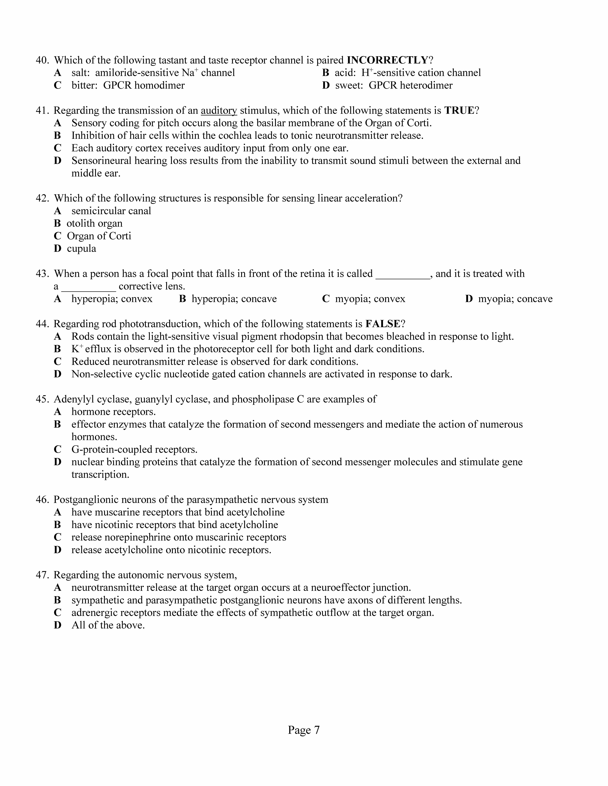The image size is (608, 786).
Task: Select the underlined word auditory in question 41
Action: point(219,110)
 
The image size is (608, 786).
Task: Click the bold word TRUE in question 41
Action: point(459,110)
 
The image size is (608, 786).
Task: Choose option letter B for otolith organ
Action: point(57,223)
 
